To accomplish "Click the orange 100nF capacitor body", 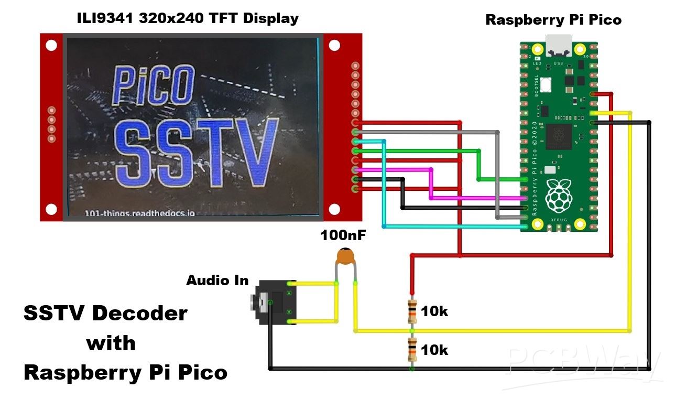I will pyautogui.click(x=345, y=256).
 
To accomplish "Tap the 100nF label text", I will pyautogui.click(x=343, y=235).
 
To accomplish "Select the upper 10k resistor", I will pyautogui.click(x=412, y=311).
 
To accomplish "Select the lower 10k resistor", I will pyautogui.click(x=412, y=350).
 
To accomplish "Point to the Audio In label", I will pyautogui.click(x=217, y=281).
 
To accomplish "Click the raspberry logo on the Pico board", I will pyautogui.click(x=559, y=195).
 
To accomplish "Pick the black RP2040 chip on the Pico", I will pyautogui.click(x=559, y=136).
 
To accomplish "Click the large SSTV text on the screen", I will pyautogui.click(x=196, y=154).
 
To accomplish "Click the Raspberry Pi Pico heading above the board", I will pyautogui.click(x=553, y=20).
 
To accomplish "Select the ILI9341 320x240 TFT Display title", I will pyautogui.click(x=187, y=18).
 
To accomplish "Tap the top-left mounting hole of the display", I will pyautogui.click(x=51, y=45).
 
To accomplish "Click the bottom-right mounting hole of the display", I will pyautogui.click(x=334, y=209).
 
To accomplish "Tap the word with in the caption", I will pyautogui.click(x=111, y=343).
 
